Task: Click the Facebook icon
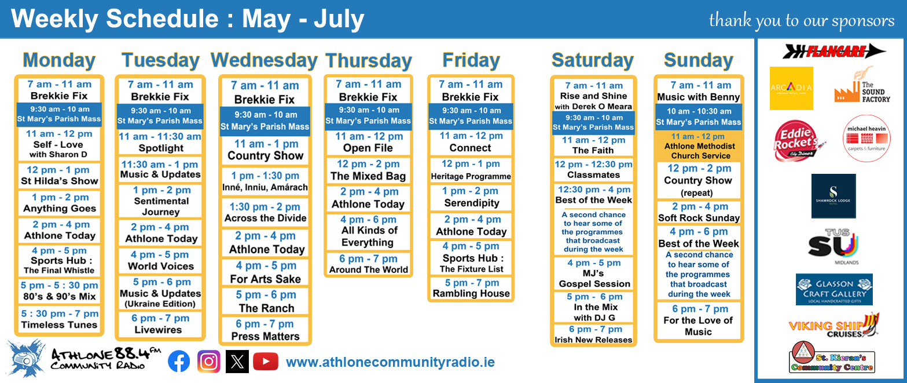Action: click(179, 361)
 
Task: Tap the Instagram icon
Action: click(208, 361)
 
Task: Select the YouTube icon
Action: click(266, 362)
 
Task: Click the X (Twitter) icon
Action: click(237, 361)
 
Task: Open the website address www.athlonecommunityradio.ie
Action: click(390, 362)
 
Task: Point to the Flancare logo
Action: click(834, 51)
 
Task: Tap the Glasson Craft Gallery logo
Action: click(834, 289)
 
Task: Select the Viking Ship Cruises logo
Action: click(834, 325)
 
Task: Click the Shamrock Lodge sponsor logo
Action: click(833, 196)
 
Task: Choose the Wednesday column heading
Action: click(264, 60)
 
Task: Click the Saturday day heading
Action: click(592, 60)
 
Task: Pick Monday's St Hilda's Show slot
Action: click(59, 175)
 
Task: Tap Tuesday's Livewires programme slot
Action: click(160, 323)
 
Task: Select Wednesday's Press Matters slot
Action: click(265, 330)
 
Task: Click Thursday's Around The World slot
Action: click(369, 264)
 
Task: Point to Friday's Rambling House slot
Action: click(471, 288)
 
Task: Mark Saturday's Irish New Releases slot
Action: click(593, 334)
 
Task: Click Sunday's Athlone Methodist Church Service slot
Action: click(699, 146)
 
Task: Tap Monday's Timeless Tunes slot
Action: click(59, 319)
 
